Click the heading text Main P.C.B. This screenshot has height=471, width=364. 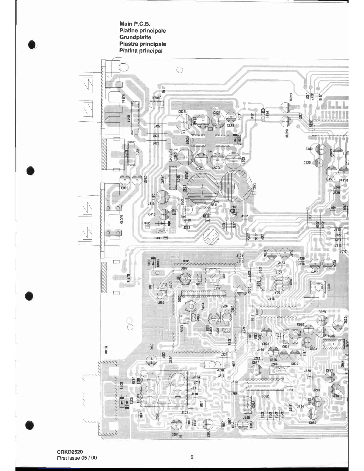(135, 24)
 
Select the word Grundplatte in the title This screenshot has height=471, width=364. (135, 37)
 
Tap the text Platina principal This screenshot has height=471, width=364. (141, 51)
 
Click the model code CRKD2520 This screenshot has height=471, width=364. (70, 452)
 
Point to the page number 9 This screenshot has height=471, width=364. (192, 457)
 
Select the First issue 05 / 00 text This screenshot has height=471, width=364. (77, 458)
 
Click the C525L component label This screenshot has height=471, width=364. (182, 112)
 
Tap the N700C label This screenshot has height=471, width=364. (156, 98)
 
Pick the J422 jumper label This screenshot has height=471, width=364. (157, 126)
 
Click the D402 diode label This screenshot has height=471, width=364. (146, 223)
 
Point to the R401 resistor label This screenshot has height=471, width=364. (158, 238)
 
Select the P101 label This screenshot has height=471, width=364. (234, 207)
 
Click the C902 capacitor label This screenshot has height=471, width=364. (124, 188)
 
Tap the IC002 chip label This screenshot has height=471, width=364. (265, 396)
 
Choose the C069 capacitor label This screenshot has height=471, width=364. (312, 423)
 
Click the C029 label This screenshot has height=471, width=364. (322, 312)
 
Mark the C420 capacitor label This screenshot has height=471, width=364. (307, 163)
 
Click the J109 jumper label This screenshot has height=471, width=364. (332, 208)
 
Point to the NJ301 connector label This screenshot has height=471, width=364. (106, 350)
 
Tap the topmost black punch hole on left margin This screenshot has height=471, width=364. (32, 45)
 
